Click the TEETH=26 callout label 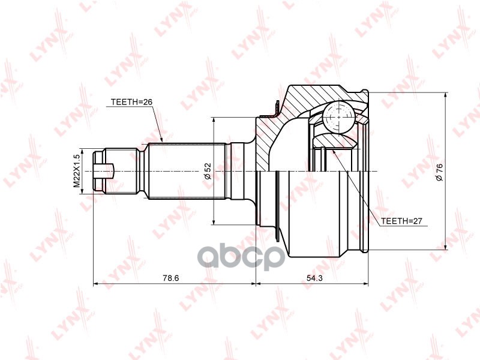pyautogui.click(x=131, y=102)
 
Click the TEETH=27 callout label pyautogui.click(x=401, y=221)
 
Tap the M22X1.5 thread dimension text pyautogui.click(x=77, y=171)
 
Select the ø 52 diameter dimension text pyautogui.click(x=208, y=171)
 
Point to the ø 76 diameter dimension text pyautogui.click(x=439, y=172)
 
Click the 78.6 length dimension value pyautogui.click(x=170, y=278)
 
